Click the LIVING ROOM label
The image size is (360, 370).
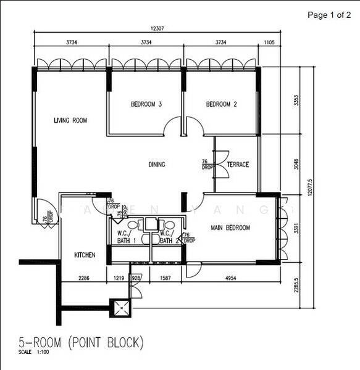tap(70, 120)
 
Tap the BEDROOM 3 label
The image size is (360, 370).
tap(146, 104)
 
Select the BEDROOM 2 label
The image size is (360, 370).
tap(221, 104)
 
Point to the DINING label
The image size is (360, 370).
tap(157, 165)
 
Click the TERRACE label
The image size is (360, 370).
tap(238, 165)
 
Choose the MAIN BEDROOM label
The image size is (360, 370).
tap(230, 228)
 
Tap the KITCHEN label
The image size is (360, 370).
tap(84, 255)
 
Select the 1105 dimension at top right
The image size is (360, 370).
tap(269, 42)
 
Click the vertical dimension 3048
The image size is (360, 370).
tap(297, 164)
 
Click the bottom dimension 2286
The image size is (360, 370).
tap(84, 279)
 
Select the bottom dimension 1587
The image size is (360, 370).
tap(164, 279)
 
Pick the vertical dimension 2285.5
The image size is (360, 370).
tap(297, 286)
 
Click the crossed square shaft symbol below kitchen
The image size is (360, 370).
tap(120, 307)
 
